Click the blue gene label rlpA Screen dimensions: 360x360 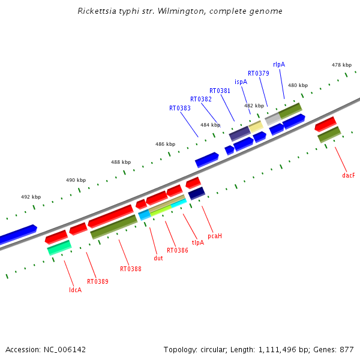pyautogui.click(x=279, y=65)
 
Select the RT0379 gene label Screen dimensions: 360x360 pyautogui.click(x=258, y=73)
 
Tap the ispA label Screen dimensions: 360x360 pyautogui.click(x=241, y=82)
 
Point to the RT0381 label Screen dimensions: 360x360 pyautogui.click(x=220, y=91)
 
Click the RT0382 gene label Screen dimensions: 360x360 pyautogui.click(x=201, y=99)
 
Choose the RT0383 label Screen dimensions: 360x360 pyautogui.click(x=180, y=108)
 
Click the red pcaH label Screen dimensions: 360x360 pyautogui.click(x=215, y=236)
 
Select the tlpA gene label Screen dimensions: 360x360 pyautogui.click(x=198, y=242)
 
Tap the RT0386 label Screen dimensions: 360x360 pyautogui.click(x=177, y=250)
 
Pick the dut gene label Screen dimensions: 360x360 pyautogui.click(x=158, y=258)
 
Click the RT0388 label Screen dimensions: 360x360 pyautogui.click(x=131, y=269)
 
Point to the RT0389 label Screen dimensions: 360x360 pyautogui.click(x=98, y=281)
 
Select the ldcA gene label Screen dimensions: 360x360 pyautogui.click(x=76, y=290)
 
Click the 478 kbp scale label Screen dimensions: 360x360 pyautogui.click(x=341, y=65)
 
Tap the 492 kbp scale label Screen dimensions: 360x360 pyautogui.click(x=31, y=197)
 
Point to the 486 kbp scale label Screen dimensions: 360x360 pyautogui.click(x=166, y=144)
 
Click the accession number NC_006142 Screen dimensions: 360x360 pyautogui.click(x=65, y=350)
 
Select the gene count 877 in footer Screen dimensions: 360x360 pyautogui.click(x=347, y=350)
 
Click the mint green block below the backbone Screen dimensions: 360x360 pyautogui.click(x=59, y=248)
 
